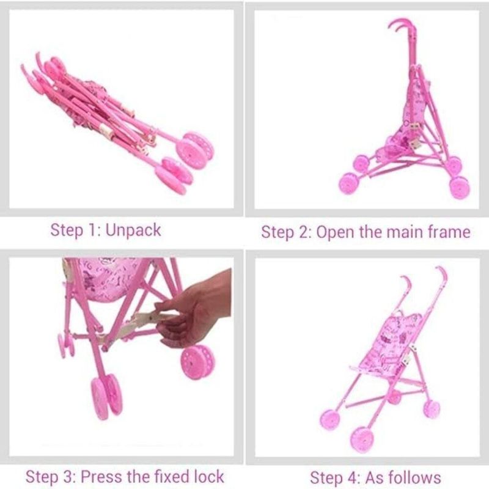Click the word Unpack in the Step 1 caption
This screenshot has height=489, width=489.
[133, 231]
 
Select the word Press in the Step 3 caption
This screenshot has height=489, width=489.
[101, 477]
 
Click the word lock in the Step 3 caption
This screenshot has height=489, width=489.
[208, 477]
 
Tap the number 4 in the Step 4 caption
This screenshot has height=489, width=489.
[355, 478]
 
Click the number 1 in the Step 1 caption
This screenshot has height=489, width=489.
[93, 231]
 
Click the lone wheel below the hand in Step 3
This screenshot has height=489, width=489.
[197, 362]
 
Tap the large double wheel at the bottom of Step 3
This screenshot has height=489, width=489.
[106, 396]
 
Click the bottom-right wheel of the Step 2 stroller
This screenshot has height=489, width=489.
[460, 188]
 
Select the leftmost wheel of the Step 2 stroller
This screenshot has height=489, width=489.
[348, 183]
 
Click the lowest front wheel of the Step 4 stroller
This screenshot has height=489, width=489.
[362, 439]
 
